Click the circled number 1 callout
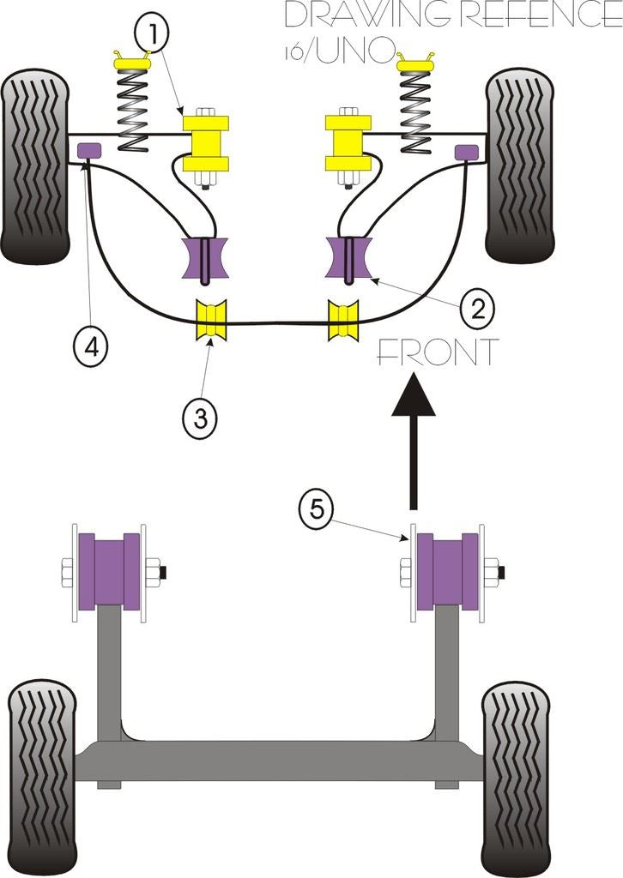[x=152, y=34]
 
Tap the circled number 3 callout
[x=200, y=418]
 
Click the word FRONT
[x=436, y=353]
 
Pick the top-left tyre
[x=35, y=166]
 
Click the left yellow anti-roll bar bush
[x=211, y=320]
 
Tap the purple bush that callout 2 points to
[x=348, y=257]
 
